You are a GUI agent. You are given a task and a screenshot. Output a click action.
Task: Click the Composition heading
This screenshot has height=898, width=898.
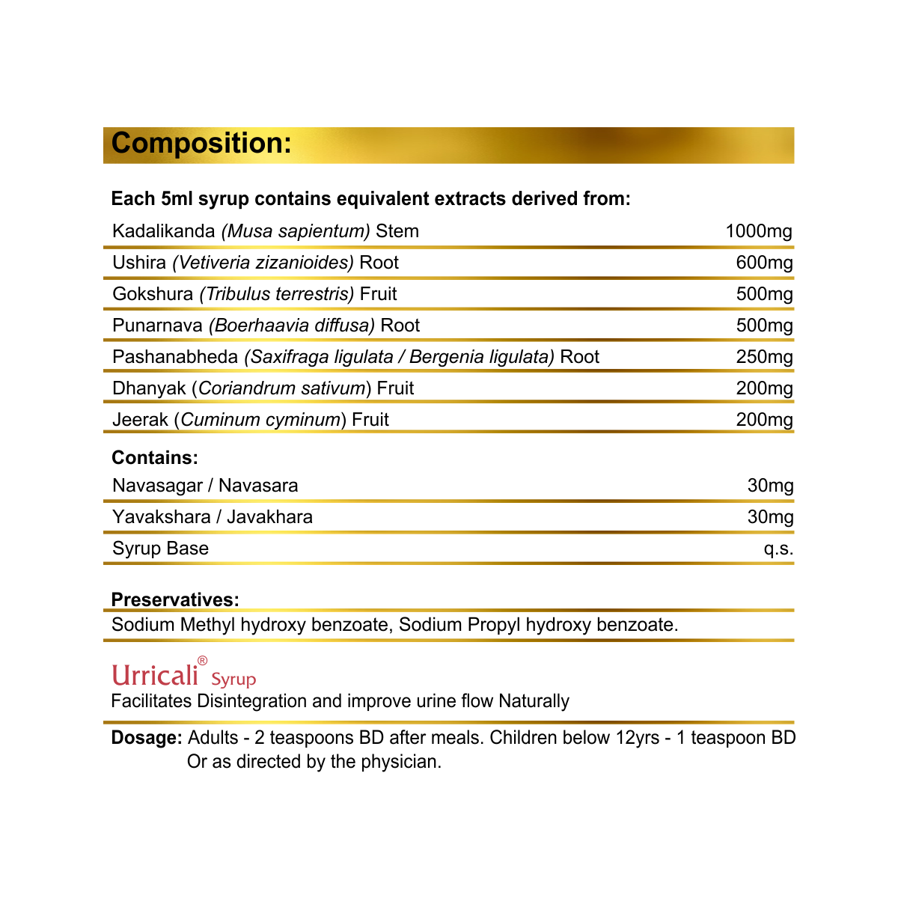pos(201,144)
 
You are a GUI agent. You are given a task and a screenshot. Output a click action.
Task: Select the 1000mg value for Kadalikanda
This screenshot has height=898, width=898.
pos(759,231)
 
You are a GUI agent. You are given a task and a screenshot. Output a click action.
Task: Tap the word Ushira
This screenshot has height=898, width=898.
pos(139,263)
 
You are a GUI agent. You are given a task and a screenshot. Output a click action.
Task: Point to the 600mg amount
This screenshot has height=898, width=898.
pos(764,263)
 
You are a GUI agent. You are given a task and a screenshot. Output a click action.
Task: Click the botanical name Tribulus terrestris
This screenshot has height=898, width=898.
pos(277,294)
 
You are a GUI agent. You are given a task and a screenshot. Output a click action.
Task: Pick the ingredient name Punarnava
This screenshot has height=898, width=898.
pos(157,326)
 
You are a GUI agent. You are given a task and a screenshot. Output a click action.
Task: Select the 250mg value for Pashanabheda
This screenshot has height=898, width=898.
pos(764,357)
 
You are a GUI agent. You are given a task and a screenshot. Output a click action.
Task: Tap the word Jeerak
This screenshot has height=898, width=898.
pos(140,420)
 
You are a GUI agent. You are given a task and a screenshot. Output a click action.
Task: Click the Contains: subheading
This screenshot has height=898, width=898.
pos(155,458)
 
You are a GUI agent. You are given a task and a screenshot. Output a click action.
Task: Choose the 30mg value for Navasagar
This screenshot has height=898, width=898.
pos(770,486)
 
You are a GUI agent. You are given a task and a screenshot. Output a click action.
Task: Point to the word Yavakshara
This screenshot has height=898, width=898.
pos(161,517)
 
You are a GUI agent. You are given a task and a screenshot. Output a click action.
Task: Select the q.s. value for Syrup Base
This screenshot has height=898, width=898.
pos(778,549)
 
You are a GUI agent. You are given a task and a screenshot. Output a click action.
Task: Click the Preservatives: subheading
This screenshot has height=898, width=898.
pos(175,599)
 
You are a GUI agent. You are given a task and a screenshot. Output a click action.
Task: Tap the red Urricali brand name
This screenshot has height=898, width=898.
pos(155,675)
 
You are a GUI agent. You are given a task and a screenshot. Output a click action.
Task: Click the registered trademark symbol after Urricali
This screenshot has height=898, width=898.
pos(202,661)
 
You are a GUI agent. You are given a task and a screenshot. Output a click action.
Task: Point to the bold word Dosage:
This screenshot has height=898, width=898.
pos(147,738)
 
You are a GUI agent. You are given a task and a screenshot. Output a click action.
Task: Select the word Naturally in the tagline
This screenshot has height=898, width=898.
pos(534,701)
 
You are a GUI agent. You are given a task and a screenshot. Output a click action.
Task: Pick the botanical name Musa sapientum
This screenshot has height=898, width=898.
pos(296,231)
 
